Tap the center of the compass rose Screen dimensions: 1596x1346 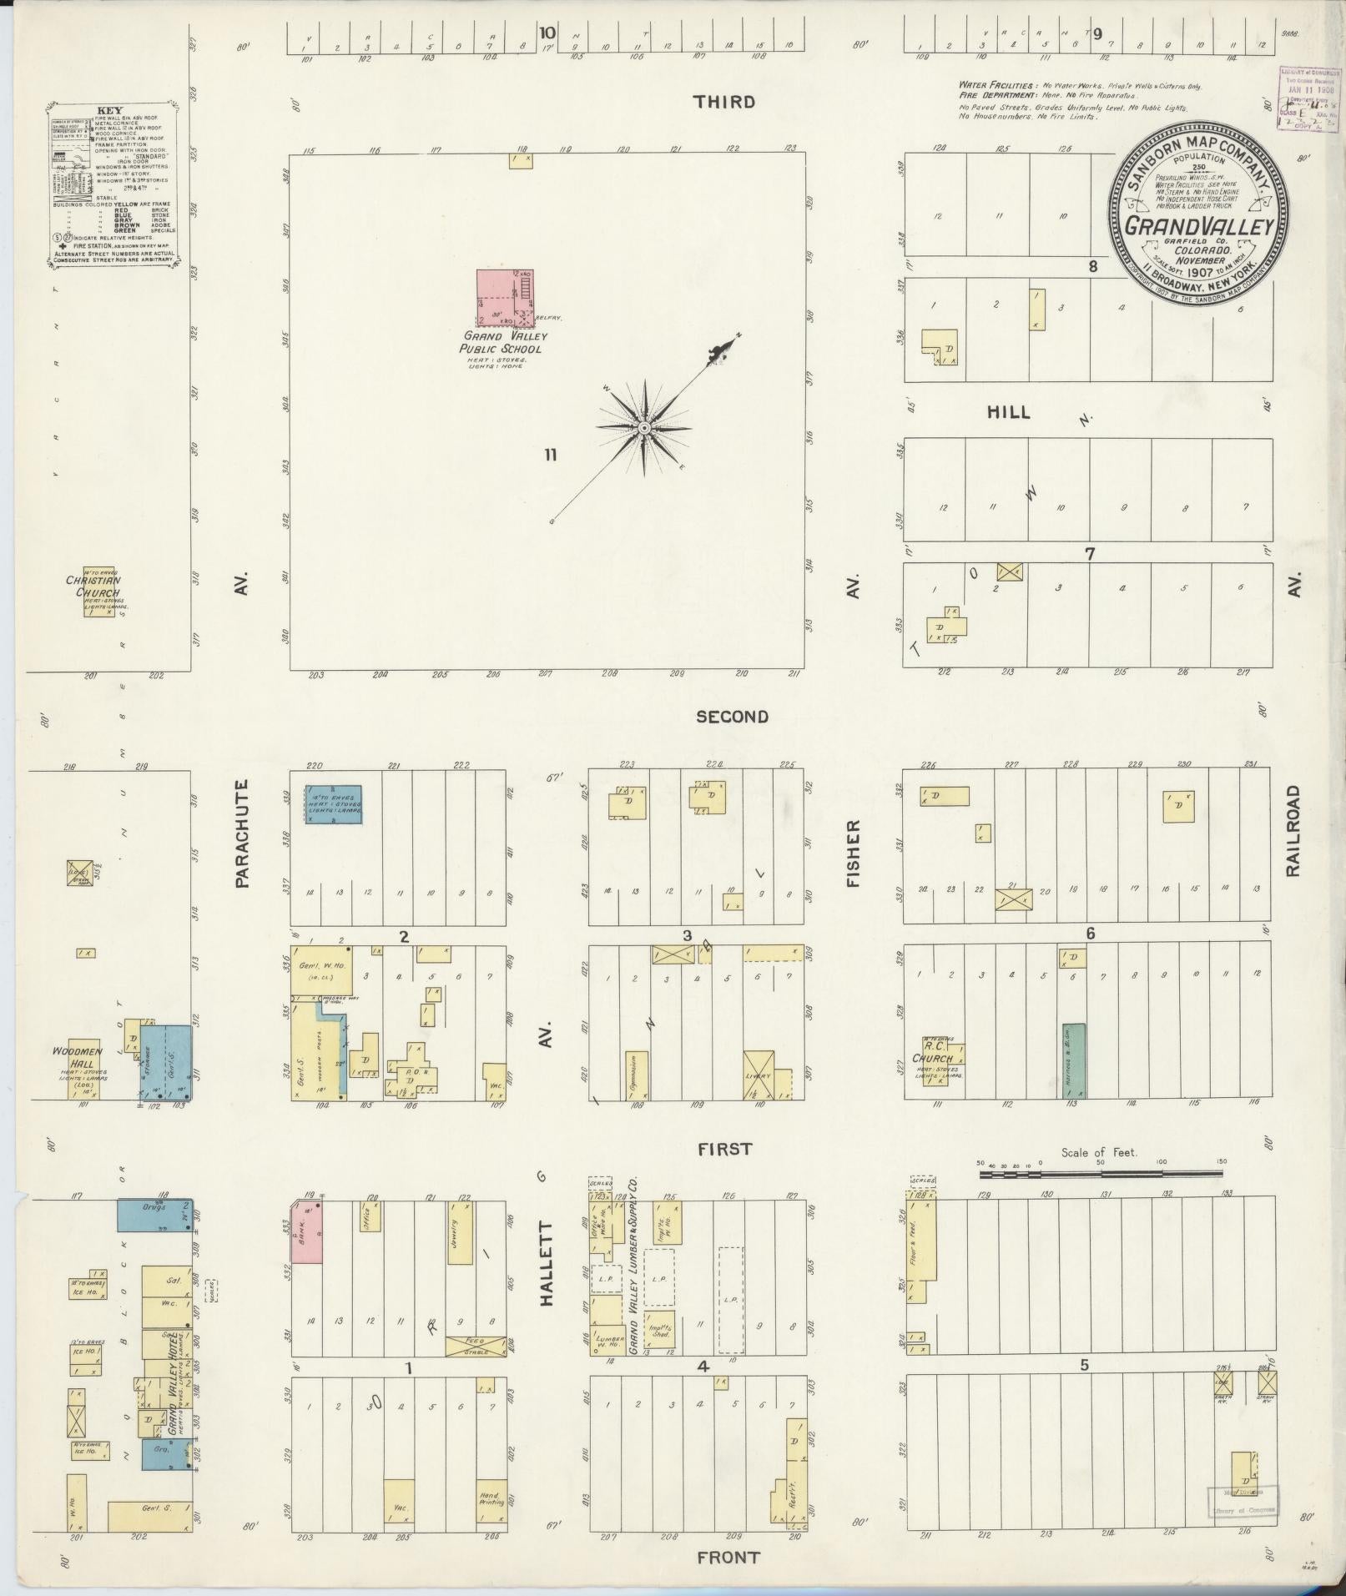[x=644, y=428]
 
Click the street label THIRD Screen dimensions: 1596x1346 [x=725, y=102]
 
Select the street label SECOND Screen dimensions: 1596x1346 [x=732, y=717]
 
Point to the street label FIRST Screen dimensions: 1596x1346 [x=725, y=1149]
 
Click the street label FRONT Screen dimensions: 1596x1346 [x=728, y=1557]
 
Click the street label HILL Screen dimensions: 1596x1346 [x=1008, y=411]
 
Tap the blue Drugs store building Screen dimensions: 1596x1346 [x=154, y=1216]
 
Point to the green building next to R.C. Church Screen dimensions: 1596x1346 [x=1075, y=1060]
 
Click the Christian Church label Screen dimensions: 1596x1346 [x=93, y=587]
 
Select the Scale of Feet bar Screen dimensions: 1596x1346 [x=1101, y=1173]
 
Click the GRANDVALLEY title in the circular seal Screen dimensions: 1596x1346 [x=1199, y=226]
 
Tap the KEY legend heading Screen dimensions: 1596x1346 [x=109, y=110]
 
